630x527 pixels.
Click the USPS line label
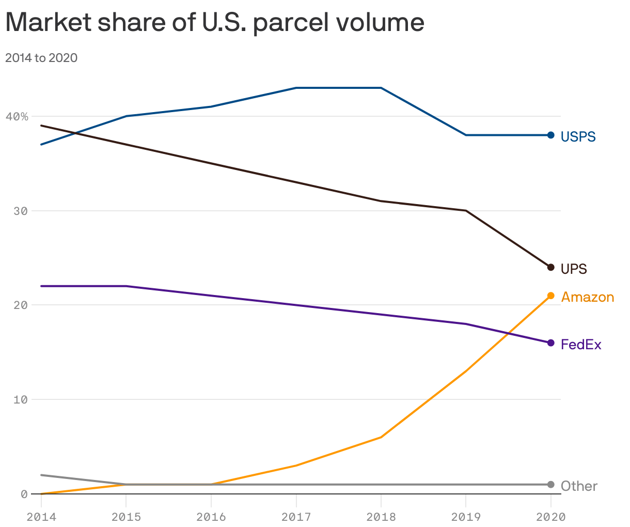coord(578,137)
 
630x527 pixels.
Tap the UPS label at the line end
coord(574,269)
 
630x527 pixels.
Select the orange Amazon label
coord(588,297)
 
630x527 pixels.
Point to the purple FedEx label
coord(581,345)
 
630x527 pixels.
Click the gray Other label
coord(579,486)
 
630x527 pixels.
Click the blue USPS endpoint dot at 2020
coord(550,135)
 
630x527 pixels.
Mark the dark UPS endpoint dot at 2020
coord(550,267)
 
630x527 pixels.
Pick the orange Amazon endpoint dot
coord(550,296)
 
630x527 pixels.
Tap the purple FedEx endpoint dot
coord(550,343)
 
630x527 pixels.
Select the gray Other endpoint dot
coord(550,485)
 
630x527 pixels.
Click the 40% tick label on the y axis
coord(17,117)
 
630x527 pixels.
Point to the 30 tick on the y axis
coord(20,211)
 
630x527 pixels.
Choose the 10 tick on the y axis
coord(20,399)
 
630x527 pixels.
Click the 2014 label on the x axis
coord(41,517)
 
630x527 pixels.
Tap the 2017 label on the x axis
coord(296,517)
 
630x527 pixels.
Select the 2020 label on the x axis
coord(550,517)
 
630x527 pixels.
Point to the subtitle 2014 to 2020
coord(41,58)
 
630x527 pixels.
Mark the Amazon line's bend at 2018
coord(381,437)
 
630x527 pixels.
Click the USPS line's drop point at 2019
coord(466,135)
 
